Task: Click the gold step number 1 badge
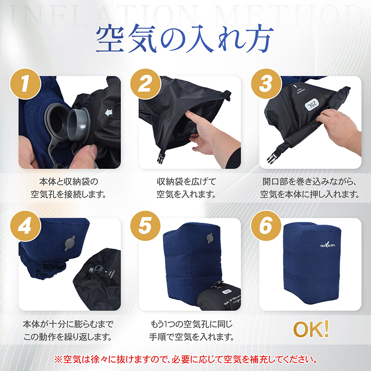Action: coord(25,84)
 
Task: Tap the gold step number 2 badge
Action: coord(145,84)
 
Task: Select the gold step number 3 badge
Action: coord(266,84)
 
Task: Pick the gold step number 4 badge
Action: coord(25,226)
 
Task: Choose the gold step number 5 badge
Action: coord(145,226)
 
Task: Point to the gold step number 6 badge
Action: coord(266,226)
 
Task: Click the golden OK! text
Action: coord(311,329)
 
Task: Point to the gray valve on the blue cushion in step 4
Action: coord(70,243)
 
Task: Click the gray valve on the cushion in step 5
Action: coord(210,238)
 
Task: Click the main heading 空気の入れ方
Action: coord(185,39)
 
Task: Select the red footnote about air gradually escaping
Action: coord(185,359)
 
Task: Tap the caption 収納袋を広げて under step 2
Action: coord(186,182)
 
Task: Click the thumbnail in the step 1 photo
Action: coord(93,152)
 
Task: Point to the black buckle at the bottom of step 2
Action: coord(161,156)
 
